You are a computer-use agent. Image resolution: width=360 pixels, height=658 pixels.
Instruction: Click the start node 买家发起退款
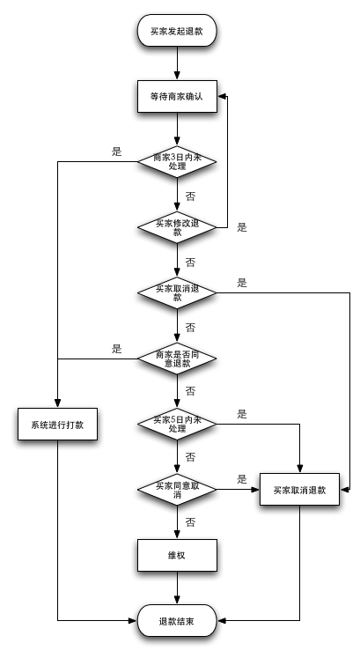(x=177, y=32)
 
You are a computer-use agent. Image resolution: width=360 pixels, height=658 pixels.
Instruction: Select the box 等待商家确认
(x=177, y=97)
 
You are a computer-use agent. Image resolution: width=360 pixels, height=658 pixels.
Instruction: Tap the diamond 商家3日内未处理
(x=177, y=161)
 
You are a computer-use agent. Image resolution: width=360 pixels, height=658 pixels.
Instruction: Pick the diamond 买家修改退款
(x=177, y=226)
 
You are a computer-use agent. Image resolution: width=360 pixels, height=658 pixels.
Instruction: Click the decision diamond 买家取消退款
(x=177, y=292)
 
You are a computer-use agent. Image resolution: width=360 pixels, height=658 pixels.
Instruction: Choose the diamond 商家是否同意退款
(x=177, y=359)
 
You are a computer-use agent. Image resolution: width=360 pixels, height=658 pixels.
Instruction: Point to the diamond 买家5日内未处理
(x=177, y=424)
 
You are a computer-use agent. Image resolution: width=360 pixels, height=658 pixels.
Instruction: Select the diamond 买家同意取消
(x=177, y=489)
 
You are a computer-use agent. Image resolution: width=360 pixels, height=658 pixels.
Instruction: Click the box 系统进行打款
(x=57, y=425)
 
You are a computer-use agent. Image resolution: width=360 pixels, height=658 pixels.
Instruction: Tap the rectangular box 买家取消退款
(x=300, y=490)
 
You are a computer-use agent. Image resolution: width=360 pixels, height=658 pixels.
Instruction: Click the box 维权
(x=177, y=556)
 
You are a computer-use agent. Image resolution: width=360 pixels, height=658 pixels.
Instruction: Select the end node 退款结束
(x=177, y=622)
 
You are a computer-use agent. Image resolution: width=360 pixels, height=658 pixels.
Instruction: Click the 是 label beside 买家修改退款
(x=242, y=227)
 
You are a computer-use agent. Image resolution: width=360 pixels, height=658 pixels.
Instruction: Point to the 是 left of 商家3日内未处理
(x=116, y=152)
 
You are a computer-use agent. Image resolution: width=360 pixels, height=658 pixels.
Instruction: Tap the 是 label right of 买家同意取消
(x=242, y=479)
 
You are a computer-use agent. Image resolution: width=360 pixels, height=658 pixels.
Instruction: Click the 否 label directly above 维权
(x=190, y=522)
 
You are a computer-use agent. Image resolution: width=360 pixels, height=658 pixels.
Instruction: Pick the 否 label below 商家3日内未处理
(x=190, y=195)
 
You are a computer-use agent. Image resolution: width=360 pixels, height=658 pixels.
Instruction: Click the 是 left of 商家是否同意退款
(x=116, y=349)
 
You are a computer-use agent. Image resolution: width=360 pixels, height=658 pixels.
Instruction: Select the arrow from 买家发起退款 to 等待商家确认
(x=177, y=63)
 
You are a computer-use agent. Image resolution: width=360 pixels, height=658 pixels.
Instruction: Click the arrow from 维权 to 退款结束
(x=177, y=589)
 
